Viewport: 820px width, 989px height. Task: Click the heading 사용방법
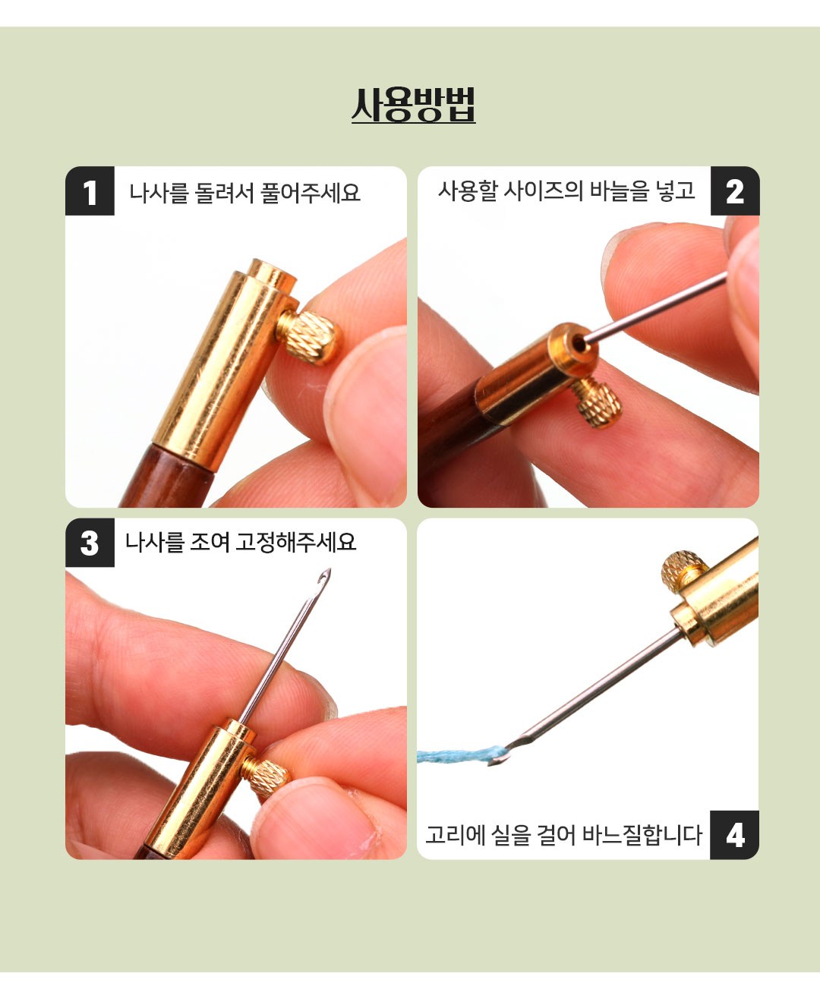413,106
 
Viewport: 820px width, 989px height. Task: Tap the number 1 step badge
90,191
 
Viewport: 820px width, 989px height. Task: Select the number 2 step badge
735,191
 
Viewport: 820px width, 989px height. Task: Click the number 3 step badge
90,543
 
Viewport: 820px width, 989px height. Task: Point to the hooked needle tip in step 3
324,578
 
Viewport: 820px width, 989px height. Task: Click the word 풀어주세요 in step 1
311,194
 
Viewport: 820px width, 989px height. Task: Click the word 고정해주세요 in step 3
295,543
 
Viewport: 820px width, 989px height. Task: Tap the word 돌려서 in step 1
222,194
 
